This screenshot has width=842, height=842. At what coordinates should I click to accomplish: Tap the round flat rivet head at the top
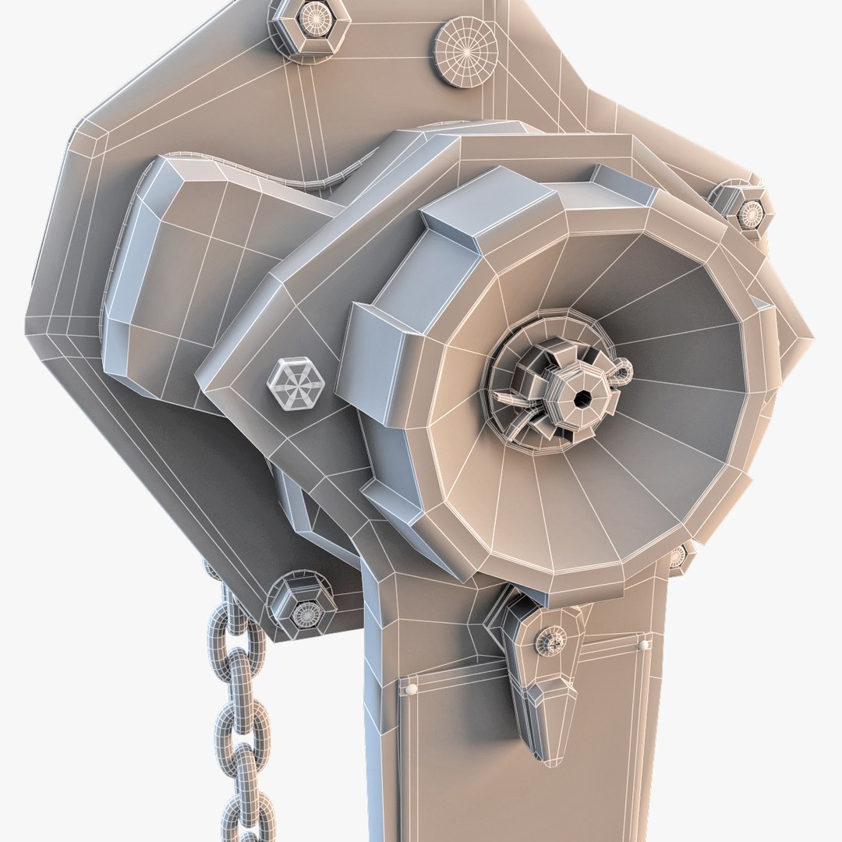point(465,52)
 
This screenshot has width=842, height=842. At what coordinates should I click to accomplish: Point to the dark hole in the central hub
point(582,398)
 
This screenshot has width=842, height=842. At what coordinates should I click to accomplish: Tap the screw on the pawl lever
point(550,641)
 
